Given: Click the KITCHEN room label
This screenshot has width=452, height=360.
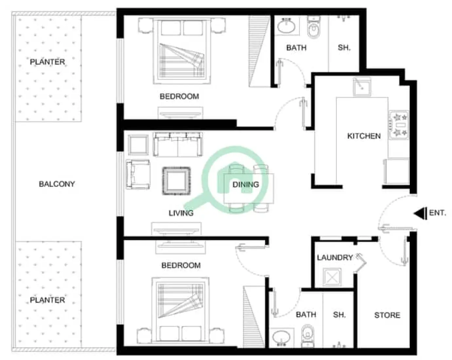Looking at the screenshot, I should coord(364,136).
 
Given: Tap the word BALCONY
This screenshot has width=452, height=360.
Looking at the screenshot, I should coord(57,184).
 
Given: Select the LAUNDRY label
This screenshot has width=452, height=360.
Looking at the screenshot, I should coord(334,258).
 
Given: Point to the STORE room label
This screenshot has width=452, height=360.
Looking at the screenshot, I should coord(387,315).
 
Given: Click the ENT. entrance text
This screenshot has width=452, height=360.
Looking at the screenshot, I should coord(437,213).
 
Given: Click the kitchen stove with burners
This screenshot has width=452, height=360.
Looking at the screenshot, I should coord(398,125).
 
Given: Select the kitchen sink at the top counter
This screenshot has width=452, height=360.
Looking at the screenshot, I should coord(362,86).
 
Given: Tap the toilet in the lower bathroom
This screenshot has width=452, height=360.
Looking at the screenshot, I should coord(307,334).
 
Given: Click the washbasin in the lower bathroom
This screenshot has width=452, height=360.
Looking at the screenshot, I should coord(281,337).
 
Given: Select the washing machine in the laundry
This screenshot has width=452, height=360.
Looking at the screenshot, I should coord(332,277).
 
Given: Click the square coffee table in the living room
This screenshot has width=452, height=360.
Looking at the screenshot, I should coord(176,181).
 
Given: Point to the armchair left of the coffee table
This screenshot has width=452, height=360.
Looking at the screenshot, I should coord(138,174).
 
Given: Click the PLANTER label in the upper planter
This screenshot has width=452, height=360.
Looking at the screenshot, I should coord(47,62).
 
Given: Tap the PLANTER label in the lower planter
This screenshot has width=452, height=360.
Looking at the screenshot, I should coord(47,300).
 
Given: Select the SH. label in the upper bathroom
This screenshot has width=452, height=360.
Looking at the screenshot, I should coord(344,48).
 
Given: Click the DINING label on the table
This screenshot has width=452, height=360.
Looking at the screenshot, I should coord(245,185).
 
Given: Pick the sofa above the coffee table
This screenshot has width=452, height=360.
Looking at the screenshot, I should coord(178,144).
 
